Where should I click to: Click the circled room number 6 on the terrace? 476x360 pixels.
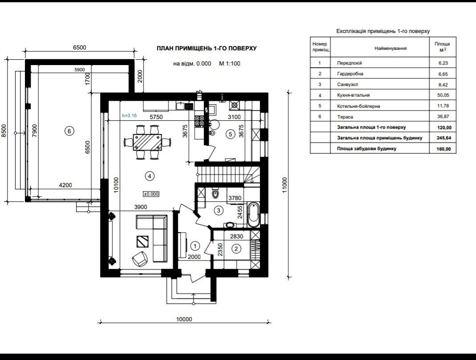(x=69, y=131)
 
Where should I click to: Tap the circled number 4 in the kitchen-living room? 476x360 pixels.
(x=150, y=176)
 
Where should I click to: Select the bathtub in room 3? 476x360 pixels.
(x=253, y=215)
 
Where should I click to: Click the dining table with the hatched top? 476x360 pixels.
(x=147, y=142)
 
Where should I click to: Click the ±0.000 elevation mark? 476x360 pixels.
(x=151, y=194)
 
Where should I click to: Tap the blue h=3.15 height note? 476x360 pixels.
(x=129, y=115)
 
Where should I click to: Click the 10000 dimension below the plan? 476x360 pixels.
(x=184, y=319)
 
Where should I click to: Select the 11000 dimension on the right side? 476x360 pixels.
(x=285, y=185)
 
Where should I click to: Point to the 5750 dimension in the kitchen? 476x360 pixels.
(x=156, y=117)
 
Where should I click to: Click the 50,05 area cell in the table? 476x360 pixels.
(x=443, y=95)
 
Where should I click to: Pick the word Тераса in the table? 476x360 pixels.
(x=345, y=117)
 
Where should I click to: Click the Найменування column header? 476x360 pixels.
(x=391, y=48)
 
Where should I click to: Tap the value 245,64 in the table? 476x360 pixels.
(x=444, y=138)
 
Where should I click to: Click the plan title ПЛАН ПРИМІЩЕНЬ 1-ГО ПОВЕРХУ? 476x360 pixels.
(x=207, y=48)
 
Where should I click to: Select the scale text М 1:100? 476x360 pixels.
(x=229, y=64)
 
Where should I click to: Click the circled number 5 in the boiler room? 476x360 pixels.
(x=230, y=134)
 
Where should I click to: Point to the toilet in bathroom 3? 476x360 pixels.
(x=215, y=193)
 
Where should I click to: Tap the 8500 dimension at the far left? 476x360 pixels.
(x=4, y=131)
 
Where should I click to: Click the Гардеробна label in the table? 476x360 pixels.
(x=350, y=74)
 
